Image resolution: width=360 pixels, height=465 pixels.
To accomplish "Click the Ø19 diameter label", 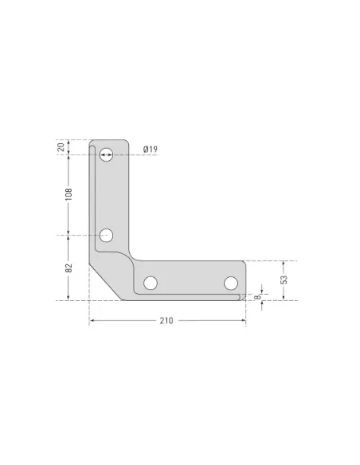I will pyautogui.click(x=151, y=149).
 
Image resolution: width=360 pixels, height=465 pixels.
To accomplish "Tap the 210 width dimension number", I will pyautogui.click(x=166, y=321).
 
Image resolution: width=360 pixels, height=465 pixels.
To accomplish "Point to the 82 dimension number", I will pyautogui.click(x=69, y=268).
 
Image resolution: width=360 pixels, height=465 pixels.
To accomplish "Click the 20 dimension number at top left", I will pyautogui.click(x=69, y=147).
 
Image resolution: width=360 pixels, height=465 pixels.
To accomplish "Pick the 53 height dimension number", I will pyautogui.click(x=284, y=279).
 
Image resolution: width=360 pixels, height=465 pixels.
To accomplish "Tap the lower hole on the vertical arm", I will pyautogui.click(x=106, y=235).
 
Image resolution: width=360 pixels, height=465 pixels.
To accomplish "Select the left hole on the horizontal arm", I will pyautogui.click(x=150, y=283).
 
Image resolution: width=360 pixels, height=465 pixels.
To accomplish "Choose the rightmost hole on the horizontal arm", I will pyautogui.click(x=231, y=283).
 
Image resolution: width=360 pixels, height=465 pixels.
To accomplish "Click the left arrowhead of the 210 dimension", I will pyautogui.click(x=92, y=321).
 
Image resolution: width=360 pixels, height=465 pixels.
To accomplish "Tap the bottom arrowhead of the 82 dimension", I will pyautogui.click(x=69, y=297).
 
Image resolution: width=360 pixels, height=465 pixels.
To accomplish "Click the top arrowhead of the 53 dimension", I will pyautogui.click(x=284, y=264).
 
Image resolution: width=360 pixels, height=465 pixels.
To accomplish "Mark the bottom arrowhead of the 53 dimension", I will pyautogui.click(x=284, y=297).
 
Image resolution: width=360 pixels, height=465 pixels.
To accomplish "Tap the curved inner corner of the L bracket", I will pyautogui.click(x=131, y=258).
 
